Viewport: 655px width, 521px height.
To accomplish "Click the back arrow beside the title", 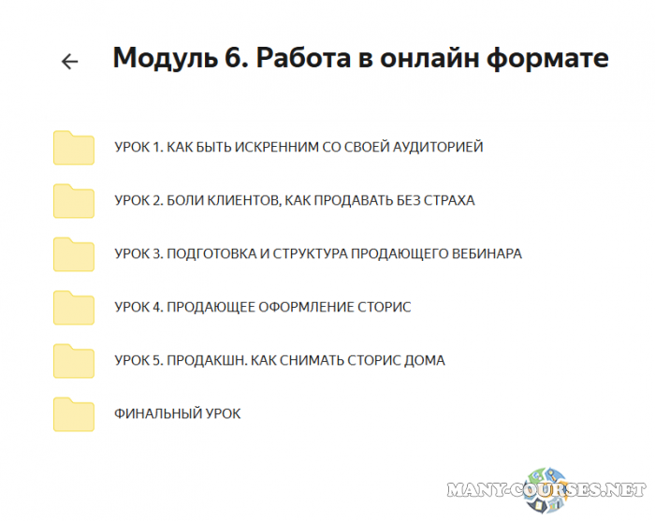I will tap(69, 62).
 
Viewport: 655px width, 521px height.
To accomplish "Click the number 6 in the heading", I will tap(233, 59).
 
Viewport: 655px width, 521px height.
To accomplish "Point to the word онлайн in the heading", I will tap(429, 59).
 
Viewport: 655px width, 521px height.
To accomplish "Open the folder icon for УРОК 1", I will tap(74, 148).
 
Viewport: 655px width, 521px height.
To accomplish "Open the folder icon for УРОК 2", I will tap(74, 201).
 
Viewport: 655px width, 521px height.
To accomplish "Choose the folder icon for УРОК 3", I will tap(74, 254).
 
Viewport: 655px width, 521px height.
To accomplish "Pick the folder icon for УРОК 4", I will tap(74, 308).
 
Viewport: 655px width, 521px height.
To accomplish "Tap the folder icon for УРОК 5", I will tap(74, 361).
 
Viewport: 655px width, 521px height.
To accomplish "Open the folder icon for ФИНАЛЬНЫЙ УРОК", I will tap(74, 414).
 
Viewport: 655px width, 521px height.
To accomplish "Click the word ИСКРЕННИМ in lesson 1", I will tap(271, 148).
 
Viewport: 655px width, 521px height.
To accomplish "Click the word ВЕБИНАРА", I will tap(488, 254).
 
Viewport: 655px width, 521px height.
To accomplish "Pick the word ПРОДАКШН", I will tap(202, 361).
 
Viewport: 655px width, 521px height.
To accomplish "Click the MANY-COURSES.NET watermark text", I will tap(547, 489).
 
